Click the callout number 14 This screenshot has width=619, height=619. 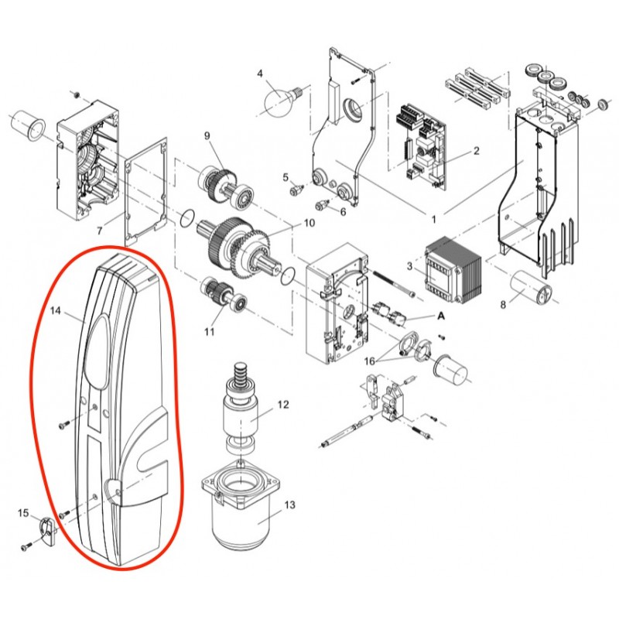(x=55, y=311)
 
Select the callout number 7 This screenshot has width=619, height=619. (x=100, y=230)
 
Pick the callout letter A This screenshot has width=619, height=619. (x=441, y=316)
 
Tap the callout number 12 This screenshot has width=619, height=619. (x=283, y=404)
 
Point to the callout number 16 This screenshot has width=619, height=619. (x=370, y=361)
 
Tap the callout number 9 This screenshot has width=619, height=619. (x=207, y=135)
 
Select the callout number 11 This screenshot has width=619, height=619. (x=210, y=331)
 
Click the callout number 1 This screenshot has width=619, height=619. (x=434, y=219)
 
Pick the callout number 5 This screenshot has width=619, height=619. (x=286, y=177)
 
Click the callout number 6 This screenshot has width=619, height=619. (x=343, y=211)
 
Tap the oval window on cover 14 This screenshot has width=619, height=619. (x=97, y=351)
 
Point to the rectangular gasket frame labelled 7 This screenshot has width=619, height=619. (x=146, y=191)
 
